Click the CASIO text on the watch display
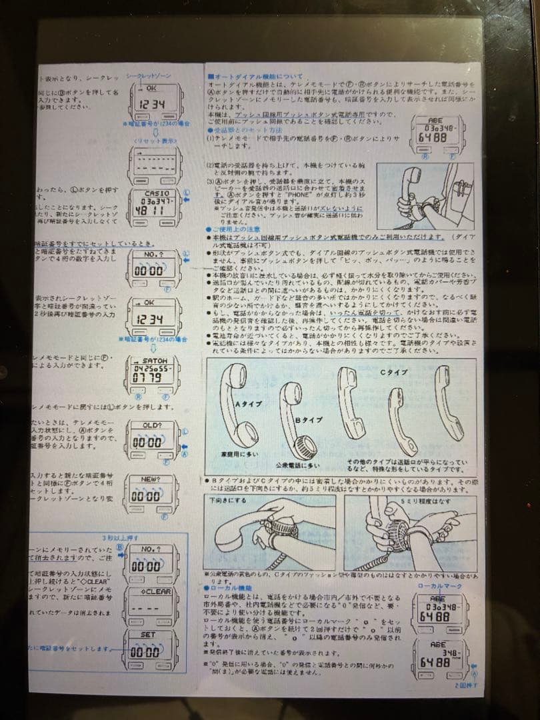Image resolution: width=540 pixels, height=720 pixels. tap(155, 193)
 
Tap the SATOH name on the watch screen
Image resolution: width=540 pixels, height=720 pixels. tap(155, 361)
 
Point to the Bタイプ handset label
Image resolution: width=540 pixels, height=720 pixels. tap(307, 420)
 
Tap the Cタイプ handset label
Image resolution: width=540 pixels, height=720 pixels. tap(393, 372)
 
